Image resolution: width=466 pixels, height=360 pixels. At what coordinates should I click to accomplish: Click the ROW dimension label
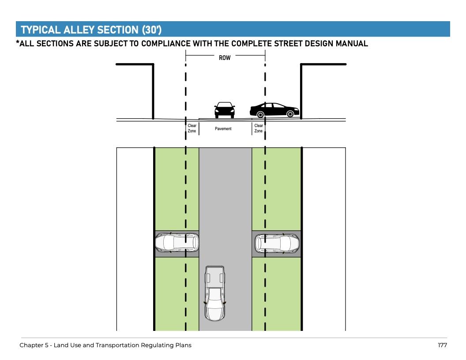[225, 57]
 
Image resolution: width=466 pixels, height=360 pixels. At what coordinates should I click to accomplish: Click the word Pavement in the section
[223, 129]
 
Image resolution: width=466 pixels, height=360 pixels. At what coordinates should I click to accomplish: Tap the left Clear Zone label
[192, 128]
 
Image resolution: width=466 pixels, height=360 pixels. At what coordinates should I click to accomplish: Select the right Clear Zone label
[259, 128]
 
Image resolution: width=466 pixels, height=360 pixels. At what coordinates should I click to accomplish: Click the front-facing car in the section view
[224, 110]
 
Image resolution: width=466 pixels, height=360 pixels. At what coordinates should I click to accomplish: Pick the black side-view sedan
[274, 110]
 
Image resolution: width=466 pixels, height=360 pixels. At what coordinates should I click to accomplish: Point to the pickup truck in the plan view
[215, 293]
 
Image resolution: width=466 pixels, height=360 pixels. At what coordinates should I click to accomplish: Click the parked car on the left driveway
[177, 243]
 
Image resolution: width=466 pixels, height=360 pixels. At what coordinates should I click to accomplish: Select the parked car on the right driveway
[277, 243]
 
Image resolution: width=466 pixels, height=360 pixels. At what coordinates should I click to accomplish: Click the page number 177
[442, 345]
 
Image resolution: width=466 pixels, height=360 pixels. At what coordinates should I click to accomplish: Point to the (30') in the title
[152, 30]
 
